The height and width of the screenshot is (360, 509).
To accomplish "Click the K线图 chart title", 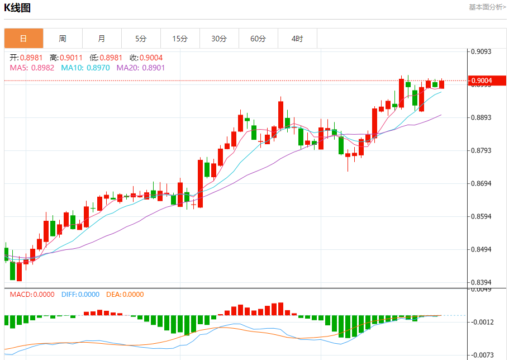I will click(x=17, y=8).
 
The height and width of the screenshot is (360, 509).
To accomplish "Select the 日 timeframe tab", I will click(x=23, y=39).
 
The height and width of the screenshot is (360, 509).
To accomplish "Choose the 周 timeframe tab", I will click(x=63, y=39).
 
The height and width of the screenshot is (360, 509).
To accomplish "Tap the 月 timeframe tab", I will click(x=102, y=39).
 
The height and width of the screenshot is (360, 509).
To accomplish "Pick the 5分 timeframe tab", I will click(x=141, y=39).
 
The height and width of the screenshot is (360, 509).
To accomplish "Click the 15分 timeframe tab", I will click(x=180, y=39).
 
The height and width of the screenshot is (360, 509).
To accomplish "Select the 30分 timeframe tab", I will click(x=219, y=39).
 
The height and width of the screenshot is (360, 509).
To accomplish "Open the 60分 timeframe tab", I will click(x=258, y=39).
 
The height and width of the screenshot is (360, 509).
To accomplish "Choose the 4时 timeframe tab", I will click(x=297, y=39).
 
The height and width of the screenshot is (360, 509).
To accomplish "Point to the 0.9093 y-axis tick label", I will click(x=481, y=51).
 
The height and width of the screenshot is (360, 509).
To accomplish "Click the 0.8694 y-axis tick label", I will click(x=481, y=183).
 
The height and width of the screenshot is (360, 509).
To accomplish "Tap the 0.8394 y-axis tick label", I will click(x=481, y=282).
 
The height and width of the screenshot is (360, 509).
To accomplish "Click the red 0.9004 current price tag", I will click(x=487, y=81).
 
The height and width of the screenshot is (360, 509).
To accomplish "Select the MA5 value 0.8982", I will click(x=42, y=68).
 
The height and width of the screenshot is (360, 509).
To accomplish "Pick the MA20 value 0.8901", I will click(x=154, y=68).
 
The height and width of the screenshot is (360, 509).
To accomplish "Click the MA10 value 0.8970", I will click(x=98, y=68).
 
